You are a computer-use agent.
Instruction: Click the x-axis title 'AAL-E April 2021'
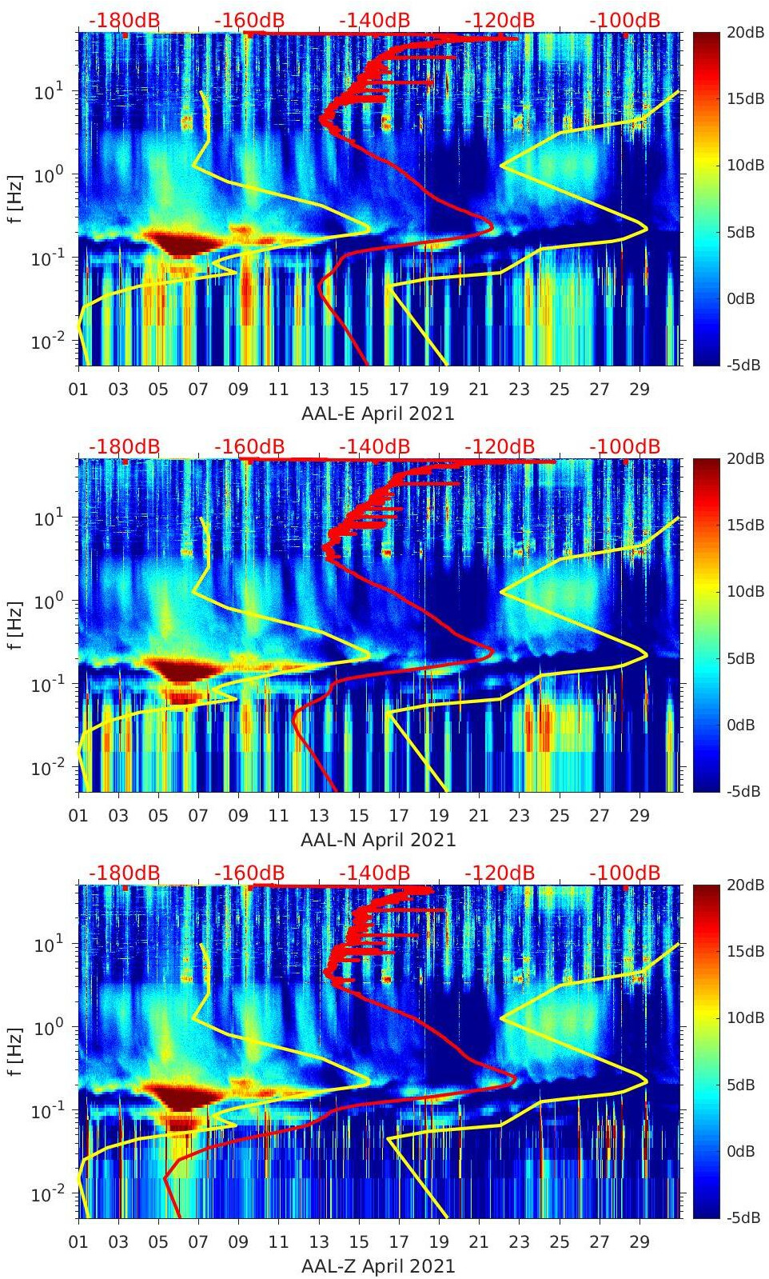click(x=377, y=414)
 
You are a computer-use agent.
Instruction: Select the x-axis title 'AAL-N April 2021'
click(x=377, y=840)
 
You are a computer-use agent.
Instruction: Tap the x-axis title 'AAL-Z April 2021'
click(x=377, y=1266)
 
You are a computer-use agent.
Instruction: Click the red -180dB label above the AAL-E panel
click(x=124, y=20)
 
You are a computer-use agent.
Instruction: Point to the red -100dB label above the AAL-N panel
click(x=624, y=446)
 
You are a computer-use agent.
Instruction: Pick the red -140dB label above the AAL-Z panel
click(x=374, y=873)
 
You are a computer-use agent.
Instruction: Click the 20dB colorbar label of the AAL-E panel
click(x=741, y=32)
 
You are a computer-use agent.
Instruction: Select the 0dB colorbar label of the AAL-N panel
click(x=741, y=725)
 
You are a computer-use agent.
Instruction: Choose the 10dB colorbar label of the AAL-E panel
click(x=741, y=165)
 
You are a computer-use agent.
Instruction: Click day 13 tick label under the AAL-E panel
click(x=319, y=390)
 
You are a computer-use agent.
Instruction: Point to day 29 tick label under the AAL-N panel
click(x=639, y=816)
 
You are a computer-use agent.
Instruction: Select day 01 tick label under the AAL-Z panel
click(x=78, y=1242)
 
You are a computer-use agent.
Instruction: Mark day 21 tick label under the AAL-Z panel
click(x=479, y=1242)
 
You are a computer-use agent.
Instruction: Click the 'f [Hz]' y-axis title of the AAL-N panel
click(x=15, y=625)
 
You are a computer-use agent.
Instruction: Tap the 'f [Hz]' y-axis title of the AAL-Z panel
click(x=15, y=1051)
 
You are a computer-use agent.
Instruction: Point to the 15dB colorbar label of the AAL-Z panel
click(x=741, y=951)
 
